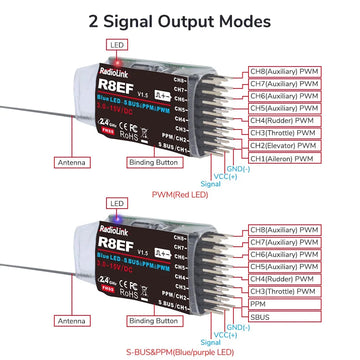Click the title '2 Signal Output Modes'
(x=180, y=19)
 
